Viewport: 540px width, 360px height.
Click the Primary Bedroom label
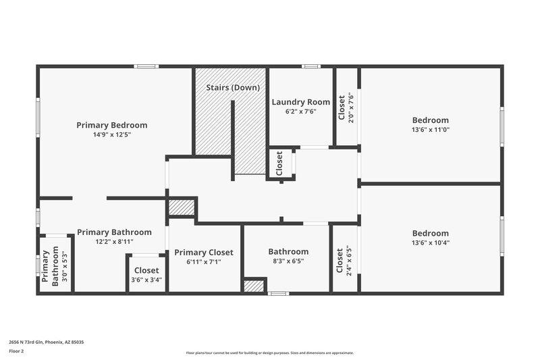point(111,125)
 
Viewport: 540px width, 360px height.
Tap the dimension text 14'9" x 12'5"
point(111,135)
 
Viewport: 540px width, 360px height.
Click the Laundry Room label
point(300,102)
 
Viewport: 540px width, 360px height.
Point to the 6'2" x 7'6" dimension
point(300,112)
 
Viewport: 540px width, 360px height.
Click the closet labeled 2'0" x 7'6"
point(346,107)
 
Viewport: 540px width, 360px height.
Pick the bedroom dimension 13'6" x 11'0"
point(430,130)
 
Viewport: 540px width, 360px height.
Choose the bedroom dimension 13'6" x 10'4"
point(430,243)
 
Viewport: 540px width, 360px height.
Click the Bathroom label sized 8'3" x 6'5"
point(288,251)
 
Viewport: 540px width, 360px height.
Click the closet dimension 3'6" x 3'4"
point(146,280)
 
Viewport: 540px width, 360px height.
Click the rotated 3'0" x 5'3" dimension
point(65,267)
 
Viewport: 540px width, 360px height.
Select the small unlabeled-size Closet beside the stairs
point(279,163)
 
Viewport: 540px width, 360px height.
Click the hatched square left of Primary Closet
point(180,207)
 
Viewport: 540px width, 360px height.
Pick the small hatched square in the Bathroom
point(254,286)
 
